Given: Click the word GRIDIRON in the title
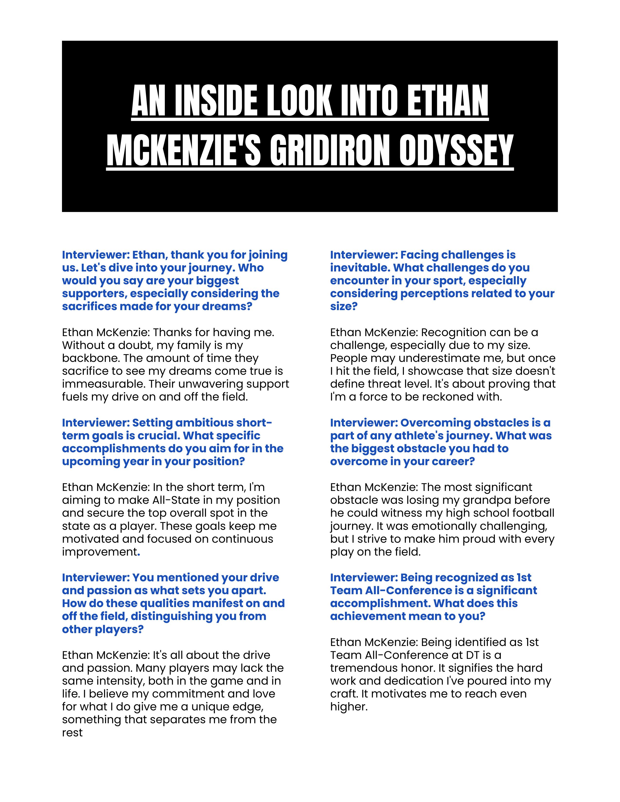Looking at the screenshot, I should point(329,151).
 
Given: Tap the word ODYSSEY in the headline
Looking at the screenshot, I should point(456,151).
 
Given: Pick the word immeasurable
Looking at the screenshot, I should point(98,384).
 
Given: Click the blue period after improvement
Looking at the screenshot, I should point(139,553).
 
